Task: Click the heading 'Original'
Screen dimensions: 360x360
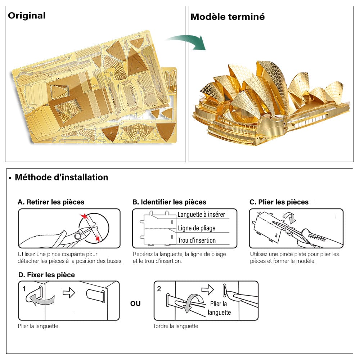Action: point(27,15)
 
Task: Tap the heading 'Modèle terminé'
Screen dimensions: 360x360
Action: point(228,17)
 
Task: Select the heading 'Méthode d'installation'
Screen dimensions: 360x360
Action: point(61,177)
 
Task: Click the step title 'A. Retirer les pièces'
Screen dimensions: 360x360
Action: point(51,202)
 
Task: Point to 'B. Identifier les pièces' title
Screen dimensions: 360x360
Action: point(169,202)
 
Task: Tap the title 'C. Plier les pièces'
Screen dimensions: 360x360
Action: point(279,202)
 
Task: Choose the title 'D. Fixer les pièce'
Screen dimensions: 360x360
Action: point(46,275)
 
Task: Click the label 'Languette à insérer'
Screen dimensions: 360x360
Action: point(201,215)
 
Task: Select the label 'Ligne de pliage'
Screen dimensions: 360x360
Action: point(197,228)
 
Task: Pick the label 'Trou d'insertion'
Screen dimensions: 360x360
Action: point(197,240)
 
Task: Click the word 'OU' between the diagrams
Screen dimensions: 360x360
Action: point(135,304)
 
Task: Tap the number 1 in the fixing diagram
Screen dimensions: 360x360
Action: point(24,289)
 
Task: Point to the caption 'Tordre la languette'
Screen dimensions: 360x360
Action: point(176,326)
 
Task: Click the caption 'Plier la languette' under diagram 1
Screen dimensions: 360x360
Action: point(38,326)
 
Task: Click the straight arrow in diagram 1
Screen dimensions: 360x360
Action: point(68,293)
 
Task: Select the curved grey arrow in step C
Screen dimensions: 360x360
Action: point(289,217)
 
